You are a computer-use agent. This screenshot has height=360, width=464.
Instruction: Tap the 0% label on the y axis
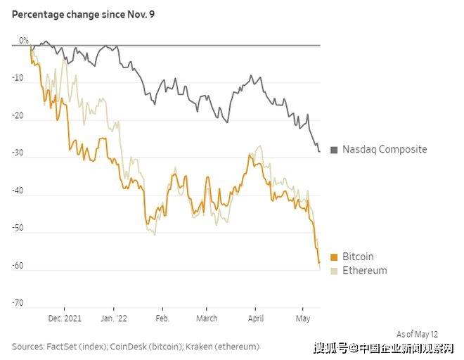tap(24, 40)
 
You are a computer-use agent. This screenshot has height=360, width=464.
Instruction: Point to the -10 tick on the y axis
tap(18, 79)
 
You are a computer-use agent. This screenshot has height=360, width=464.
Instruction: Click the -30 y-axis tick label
tap(18, 153)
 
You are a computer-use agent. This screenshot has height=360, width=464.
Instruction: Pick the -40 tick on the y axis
tap(18, 191)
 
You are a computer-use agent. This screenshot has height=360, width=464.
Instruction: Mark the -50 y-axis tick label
tap(18, 228)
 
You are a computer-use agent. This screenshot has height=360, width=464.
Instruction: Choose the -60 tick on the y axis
tap(18, 266)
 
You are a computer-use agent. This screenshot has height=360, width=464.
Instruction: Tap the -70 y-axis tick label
tap(18, 303)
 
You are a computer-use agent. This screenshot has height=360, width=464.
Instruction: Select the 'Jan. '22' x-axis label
tap(113, 318)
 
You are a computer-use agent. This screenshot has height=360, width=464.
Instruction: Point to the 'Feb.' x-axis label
tap(162, 318)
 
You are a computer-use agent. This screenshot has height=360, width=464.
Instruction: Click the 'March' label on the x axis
tap(207, 318)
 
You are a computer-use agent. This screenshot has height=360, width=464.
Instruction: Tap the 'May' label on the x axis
tap(302, 318)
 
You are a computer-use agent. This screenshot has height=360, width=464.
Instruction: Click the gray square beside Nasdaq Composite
tap(334, 149)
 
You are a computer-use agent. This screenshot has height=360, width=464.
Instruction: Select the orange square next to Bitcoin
tap(334, 257)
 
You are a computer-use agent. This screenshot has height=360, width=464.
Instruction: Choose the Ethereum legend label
tap(364, 271)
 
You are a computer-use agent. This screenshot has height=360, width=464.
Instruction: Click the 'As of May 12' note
tap(417, 334)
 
